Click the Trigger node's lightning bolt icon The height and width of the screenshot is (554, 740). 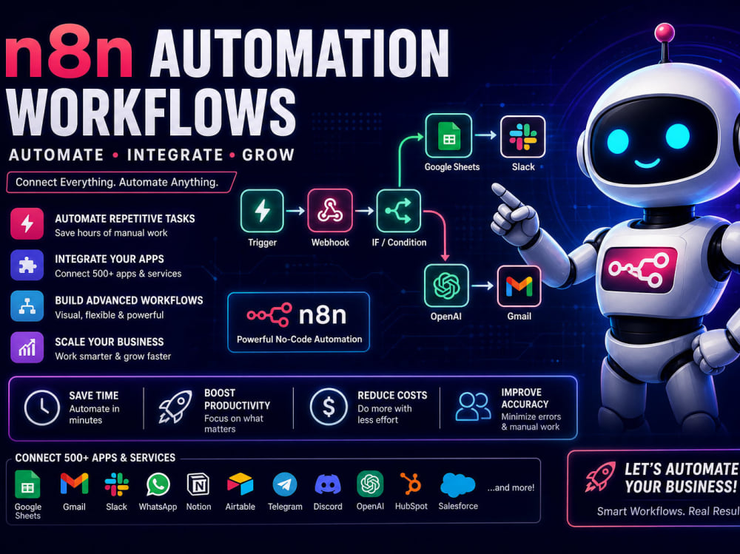262,211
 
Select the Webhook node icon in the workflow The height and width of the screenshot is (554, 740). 330,211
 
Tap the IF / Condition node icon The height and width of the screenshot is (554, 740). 398,211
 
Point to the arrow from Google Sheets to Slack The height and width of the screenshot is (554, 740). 485,135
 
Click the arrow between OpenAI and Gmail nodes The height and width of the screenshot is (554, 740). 482,286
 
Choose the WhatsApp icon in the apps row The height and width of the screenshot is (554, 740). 158,484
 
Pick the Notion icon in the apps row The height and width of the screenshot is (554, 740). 198,484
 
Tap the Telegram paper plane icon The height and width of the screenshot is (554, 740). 285,484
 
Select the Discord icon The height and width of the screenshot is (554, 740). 328,484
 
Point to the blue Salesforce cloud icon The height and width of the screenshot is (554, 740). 457,485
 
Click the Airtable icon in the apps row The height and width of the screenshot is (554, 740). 240,484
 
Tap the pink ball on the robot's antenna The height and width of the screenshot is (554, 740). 664,32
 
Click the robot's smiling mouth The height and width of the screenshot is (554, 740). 647,163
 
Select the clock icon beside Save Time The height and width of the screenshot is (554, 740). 42,408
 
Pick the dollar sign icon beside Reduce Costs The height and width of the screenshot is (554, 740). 329,406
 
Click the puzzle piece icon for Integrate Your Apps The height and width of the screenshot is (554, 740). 27,266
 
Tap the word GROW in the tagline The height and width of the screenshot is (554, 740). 268,155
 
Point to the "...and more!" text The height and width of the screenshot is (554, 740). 511,487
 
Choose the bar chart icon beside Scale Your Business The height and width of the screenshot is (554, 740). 27,348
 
